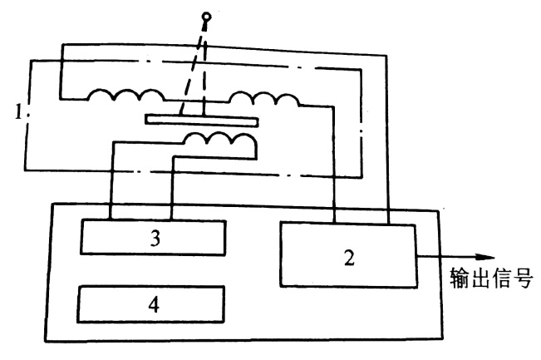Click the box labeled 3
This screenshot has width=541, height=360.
152,237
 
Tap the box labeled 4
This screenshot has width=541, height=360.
152,304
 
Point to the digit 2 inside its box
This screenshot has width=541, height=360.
350,257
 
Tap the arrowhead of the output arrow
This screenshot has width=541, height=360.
488,258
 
